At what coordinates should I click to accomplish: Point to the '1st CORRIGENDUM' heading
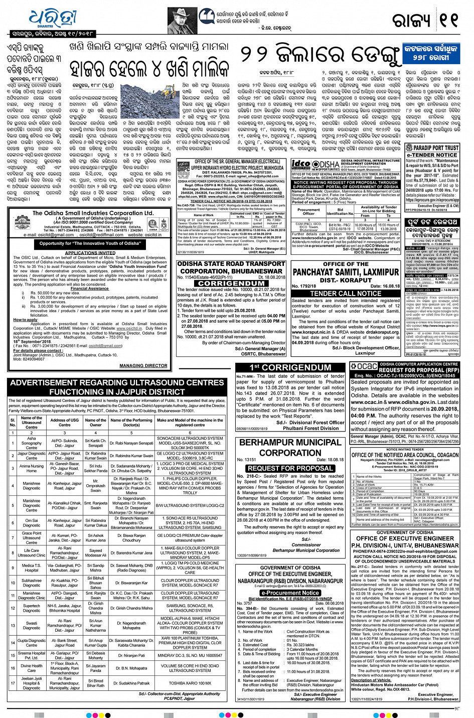(290, 368)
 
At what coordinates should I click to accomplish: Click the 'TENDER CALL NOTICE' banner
(346, 294)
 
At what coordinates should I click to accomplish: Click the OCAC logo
(363, 367)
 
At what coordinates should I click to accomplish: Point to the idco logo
(301, 165)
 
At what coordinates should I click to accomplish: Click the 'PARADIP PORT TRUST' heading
(433, 148)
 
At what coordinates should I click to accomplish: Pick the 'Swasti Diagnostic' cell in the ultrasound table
(32, 626)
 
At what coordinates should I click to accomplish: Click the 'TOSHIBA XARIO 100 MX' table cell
(190, 683)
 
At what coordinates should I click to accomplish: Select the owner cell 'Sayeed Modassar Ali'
(95, 553)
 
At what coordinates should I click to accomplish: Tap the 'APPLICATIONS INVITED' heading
(90, 253)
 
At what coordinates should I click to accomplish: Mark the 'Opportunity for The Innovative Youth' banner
(90, 243)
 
